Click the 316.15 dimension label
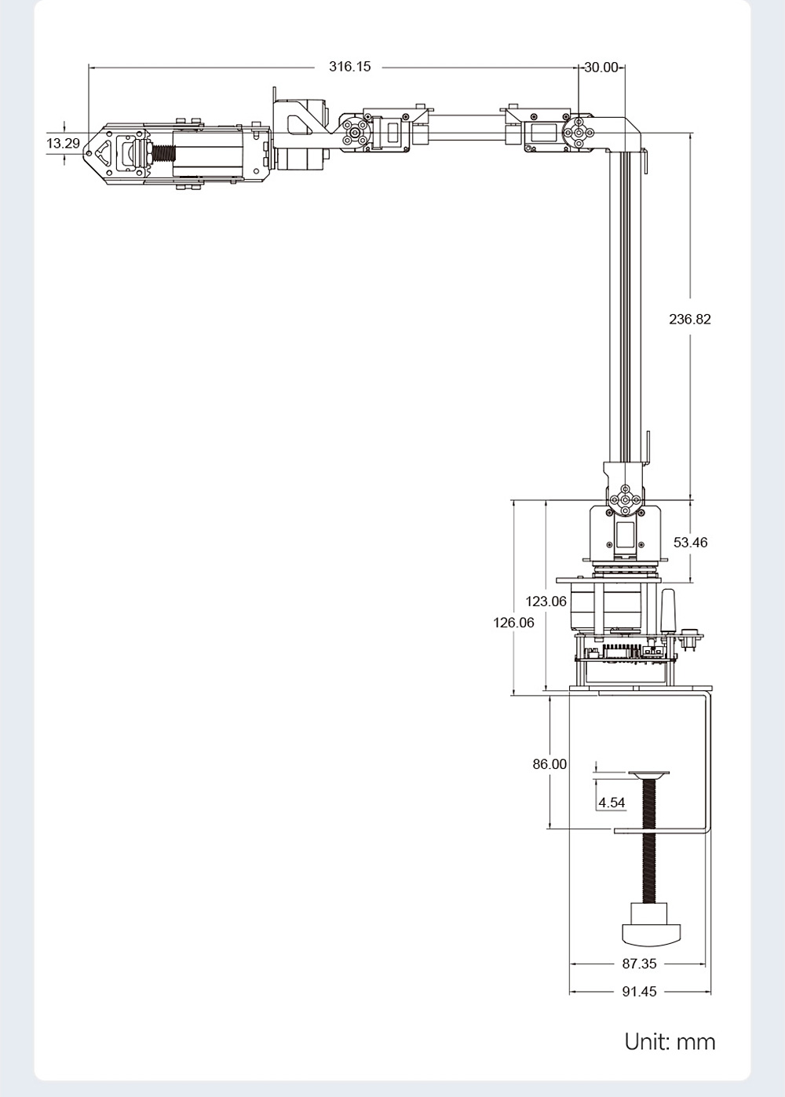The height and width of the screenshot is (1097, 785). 349,67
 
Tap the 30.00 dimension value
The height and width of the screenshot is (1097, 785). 601,68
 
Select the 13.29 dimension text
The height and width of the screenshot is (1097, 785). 63,144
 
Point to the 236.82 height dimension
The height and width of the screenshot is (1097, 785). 689,320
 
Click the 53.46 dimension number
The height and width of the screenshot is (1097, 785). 690,543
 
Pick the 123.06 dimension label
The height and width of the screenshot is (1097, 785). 546,602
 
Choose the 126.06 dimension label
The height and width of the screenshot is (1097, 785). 513,623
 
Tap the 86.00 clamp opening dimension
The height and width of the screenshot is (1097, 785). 549,764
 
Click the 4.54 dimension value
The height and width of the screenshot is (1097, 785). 612,803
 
